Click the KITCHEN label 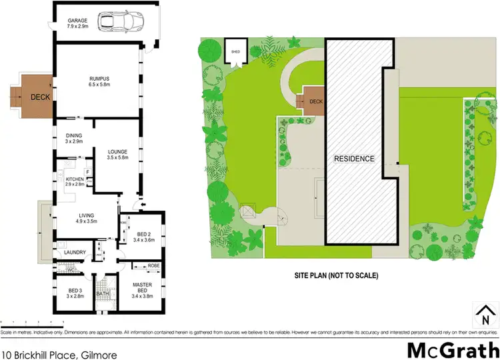click(x=74, y=179)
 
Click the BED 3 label click(x=75, y=291)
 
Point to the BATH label click(x=103, y=293)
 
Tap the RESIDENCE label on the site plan click(x=355, y=159)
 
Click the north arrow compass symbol click(x=484, y=312)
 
